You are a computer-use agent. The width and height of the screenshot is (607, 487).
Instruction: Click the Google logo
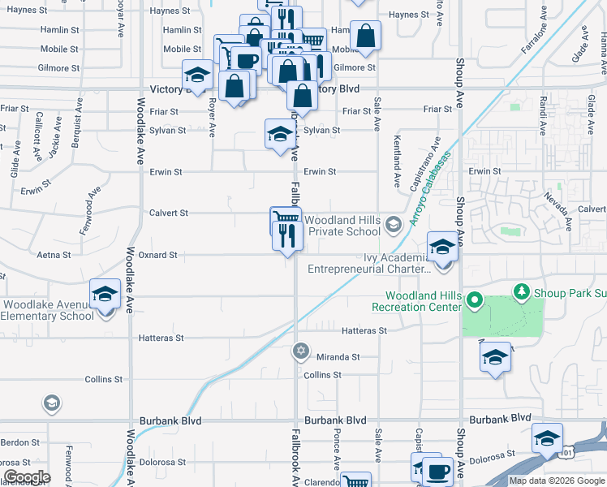point(27,477)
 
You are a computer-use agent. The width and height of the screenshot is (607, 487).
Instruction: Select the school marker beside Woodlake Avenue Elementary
point(105,296)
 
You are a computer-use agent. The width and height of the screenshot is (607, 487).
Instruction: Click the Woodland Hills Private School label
point(341,225)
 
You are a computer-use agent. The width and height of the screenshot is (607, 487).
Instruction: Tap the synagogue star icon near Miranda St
point(300,351)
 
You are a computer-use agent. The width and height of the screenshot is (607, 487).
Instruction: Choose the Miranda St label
point(338,357)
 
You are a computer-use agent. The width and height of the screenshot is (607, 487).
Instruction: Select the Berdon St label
point(19,442)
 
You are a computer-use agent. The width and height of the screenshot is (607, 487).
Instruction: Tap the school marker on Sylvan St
point(279,134)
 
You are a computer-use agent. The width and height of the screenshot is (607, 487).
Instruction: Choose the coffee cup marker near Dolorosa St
point(439,470)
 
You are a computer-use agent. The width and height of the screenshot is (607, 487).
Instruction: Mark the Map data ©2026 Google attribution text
point(557,481)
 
